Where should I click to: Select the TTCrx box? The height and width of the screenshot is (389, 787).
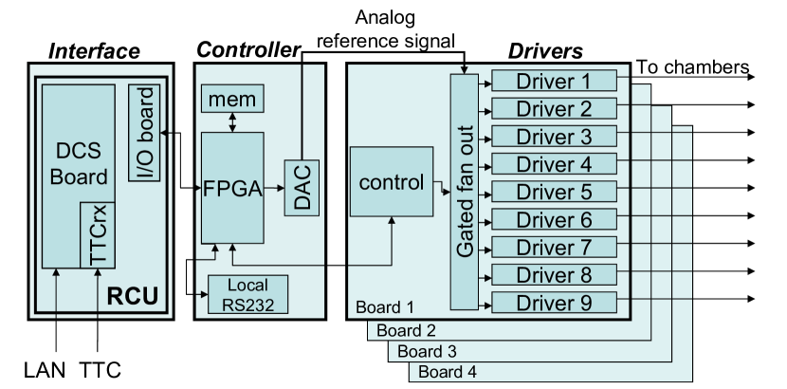(98, 234)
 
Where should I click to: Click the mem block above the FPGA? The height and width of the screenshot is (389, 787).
(232, 98)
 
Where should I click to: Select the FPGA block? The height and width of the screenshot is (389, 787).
(232, 187)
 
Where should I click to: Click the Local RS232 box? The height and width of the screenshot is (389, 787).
(247, 294)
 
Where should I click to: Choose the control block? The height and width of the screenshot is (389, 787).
(391, 182)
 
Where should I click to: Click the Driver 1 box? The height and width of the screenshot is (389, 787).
(554, 81)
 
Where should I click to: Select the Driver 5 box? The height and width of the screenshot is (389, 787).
(554, 192)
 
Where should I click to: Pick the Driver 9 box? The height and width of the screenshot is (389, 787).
(554, 303)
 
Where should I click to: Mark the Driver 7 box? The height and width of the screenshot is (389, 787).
(554, 248)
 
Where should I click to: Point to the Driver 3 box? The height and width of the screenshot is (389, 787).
(554, 136)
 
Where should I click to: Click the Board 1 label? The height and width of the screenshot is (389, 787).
(385, 307)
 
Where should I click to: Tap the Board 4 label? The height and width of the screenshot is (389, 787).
(448, 372)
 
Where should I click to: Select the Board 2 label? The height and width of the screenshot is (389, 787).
(406, 330)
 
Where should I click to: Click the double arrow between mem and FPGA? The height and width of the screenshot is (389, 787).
(232, 121)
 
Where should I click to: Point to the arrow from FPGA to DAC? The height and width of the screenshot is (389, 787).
(274, 188)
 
